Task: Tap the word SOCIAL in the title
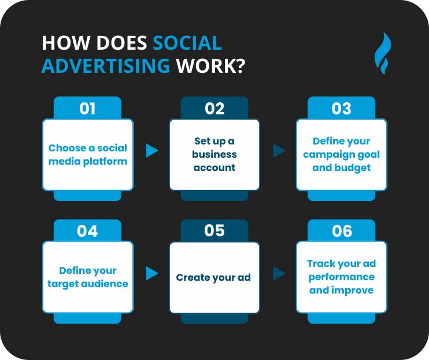pos(187,44)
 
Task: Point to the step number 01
pos(87,109)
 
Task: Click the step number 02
pos(214,109)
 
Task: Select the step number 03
pos(342,109)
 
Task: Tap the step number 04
pos(87,231)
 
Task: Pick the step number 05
pos(214,231)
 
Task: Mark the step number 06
pos(342,231)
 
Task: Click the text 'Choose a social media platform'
pos(88,154)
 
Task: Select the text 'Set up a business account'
pos(214,154)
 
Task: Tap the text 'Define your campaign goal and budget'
pos(342,154)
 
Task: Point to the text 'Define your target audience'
pos(88,277)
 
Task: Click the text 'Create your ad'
pos(213,277)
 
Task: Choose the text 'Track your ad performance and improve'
pos(342,277)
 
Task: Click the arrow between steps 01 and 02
pos(152,151)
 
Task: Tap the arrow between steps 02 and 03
pos(279,151)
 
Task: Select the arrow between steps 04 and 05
pos(152,273)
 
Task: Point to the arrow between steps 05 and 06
pos(279,273)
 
